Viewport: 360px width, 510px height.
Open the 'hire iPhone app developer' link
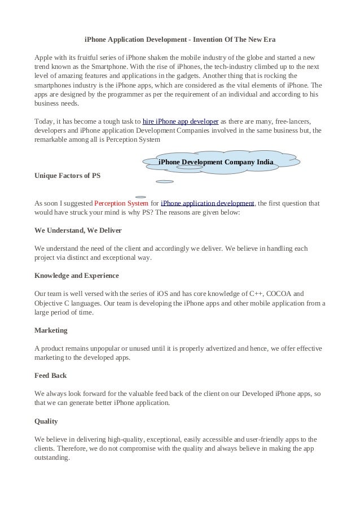coord(181,121)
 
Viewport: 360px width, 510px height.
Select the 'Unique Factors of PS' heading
coord(68,176)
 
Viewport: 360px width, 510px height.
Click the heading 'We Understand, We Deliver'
coord(78,231)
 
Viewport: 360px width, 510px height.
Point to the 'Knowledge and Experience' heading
coord(77,276)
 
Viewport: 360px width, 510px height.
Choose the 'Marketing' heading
coord(51,330)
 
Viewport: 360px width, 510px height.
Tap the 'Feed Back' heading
coord(51,375)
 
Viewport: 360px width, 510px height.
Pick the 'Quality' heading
coord(46,421)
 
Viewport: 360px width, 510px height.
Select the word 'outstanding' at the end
coord(51,458)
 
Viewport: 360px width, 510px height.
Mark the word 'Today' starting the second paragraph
coord(44,121)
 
